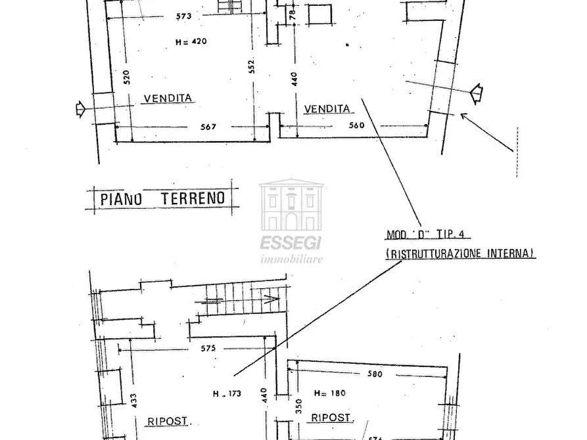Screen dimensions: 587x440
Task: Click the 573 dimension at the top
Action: click(x=184, y=16)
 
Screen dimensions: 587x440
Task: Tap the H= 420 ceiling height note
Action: click(x=191, y=41)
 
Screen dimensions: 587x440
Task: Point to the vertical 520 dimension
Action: click(x=126, y=77)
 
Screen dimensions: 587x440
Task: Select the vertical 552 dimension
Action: click(x=252, y=66)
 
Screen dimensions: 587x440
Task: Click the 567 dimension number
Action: click(x=208, y=127)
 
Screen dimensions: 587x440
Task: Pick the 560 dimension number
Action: click(x=356, y=125)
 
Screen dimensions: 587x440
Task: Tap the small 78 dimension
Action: click(x=293, y=14)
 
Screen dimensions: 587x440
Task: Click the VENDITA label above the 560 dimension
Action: click(x=327, y=109)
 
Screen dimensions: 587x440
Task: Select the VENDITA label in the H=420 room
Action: click(x=168, y=98)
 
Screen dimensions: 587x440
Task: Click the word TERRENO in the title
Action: click(x=193, y=198)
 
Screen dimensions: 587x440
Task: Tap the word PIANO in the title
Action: click(x=122, y=199)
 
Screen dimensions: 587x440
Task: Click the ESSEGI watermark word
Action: click(x=291, y=243)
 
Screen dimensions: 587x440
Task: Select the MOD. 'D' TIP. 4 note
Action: click(x=425, y=234)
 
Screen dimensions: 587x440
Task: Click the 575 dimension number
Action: click(x=208, y=348)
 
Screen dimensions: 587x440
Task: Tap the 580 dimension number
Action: click(x=375, y=374)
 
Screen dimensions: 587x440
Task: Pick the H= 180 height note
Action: click(x=330, y=393)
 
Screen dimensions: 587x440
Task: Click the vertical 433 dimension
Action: click(x=134, y=401)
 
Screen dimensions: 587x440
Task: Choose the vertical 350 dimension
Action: click(x=298, y=406)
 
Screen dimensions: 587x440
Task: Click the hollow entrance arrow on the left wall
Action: click(x=80, y=109)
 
